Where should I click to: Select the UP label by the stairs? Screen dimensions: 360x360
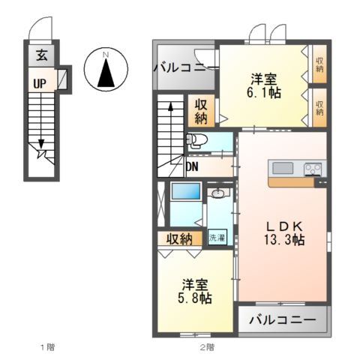39,82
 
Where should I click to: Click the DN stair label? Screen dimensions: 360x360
193,166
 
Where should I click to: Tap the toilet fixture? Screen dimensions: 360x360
196,140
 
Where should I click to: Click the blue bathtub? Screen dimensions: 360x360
184,192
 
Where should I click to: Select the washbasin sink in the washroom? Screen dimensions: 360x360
218,194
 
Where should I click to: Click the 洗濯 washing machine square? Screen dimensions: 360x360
217,238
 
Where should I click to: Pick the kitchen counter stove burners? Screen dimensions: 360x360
313,169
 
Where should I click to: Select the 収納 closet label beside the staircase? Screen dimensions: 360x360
202,110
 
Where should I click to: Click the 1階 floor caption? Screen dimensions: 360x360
46,347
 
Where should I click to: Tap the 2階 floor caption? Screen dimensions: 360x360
206,347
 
